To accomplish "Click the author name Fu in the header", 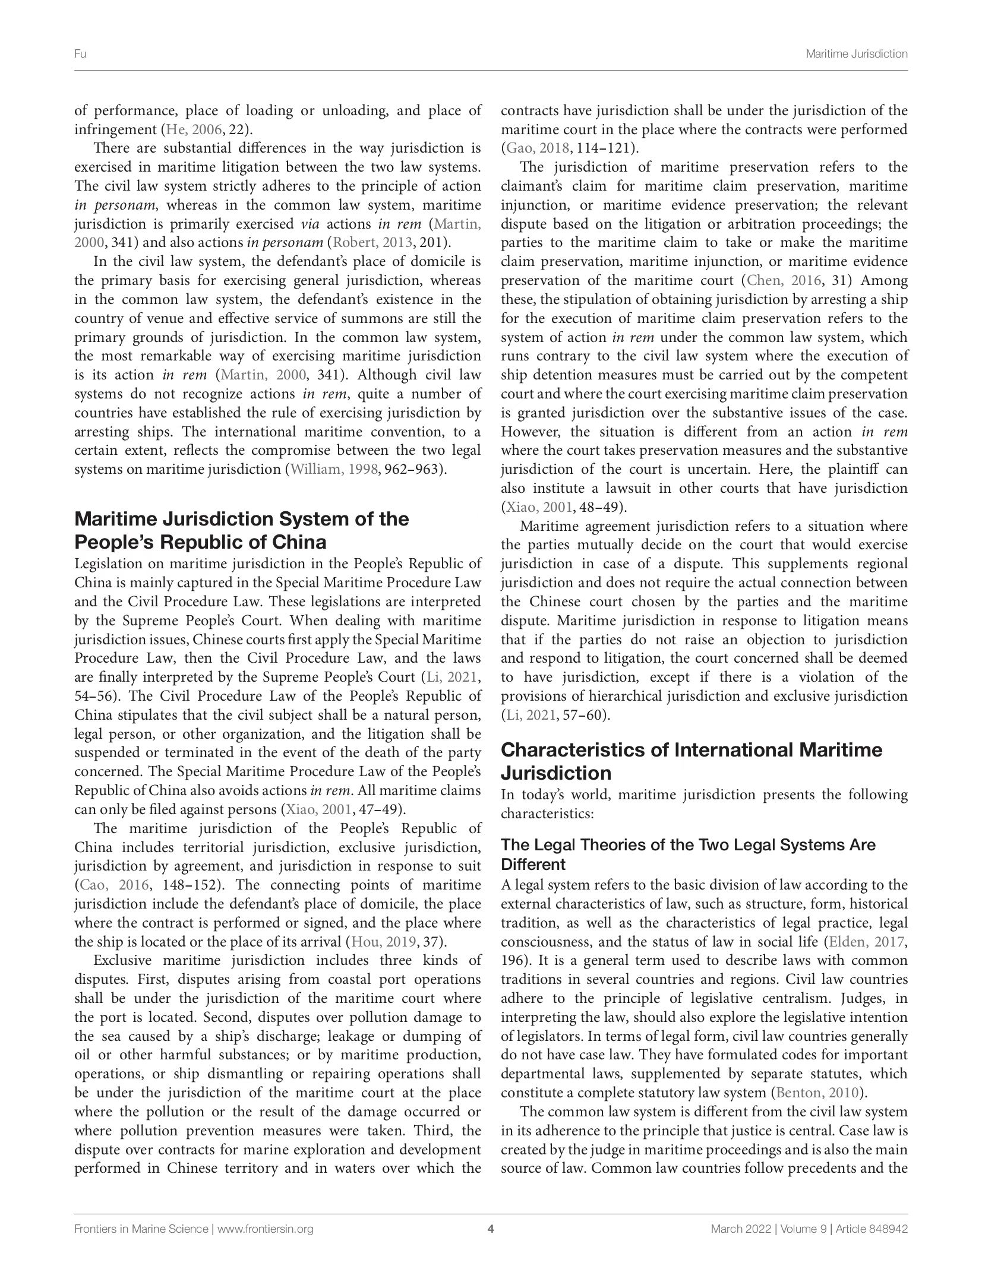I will point(80,54).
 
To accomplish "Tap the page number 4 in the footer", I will point(491,1229).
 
